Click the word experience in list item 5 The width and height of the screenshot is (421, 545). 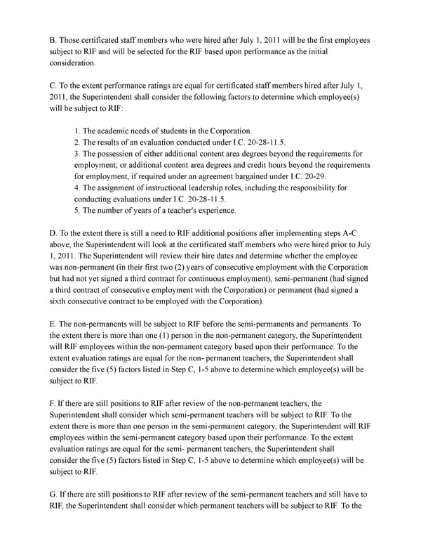(x=213, y=210)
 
